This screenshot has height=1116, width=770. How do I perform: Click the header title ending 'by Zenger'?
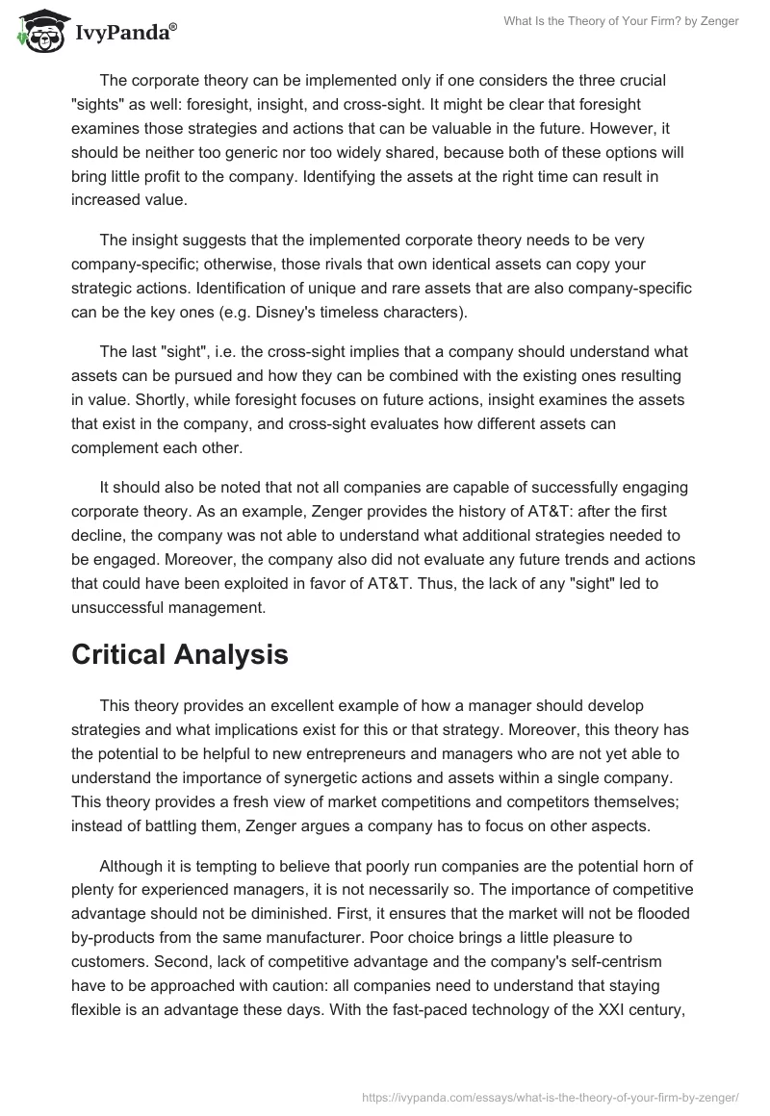click(621, 21)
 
